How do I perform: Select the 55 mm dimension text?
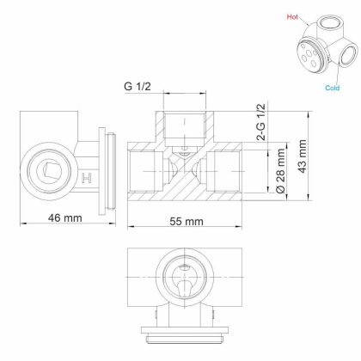point(182,221)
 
